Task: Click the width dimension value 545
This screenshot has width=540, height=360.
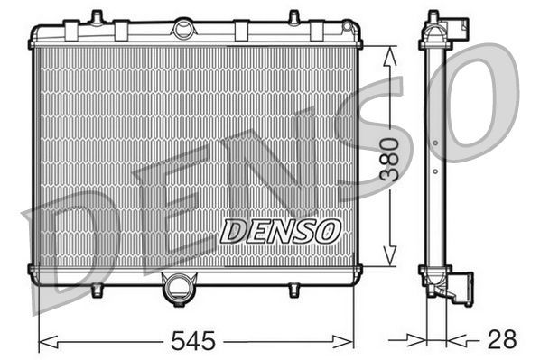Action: (x=196, y=340)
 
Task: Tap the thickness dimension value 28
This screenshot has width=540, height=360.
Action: (x=503, y=340)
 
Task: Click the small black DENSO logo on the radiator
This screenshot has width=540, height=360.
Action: (x=280, y=232)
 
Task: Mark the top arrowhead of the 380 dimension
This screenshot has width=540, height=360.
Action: (x=388, y=52)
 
